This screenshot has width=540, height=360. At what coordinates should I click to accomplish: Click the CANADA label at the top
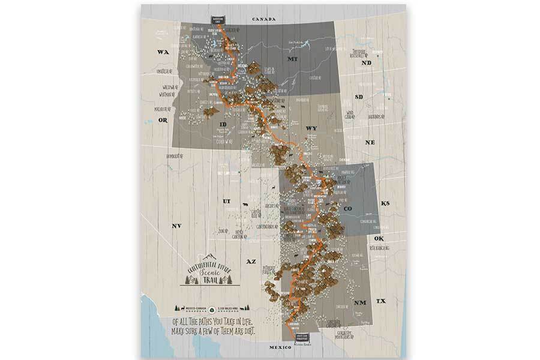pyautogui.click(x=264, y=19)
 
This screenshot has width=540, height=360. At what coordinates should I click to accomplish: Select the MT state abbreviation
pyautogui.click(x=292, y=60)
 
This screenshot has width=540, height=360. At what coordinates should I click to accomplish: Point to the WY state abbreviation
pyautogui.click(x=311, y=128)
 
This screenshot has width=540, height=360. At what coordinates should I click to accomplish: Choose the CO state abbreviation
pyautogui.click(x=347, y=208)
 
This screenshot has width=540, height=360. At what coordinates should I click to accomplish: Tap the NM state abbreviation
pyautogui.click(x=360, y=302)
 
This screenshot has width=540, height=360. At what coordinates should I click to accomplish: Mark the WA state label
pyautogui.click(x=161, y=52)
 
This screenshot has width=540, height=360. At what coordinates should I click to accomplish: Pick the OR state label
pyautogui.click(x=162, y=120)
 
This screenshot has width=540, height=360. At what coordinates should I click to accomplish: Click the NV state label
pyautogui.click(x=177, y=226)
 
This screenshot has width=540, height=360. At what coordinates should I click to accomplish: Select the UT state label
pyautogui.click(x=226, y=201)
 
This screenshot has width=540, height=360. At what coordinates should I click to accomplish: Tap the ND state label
pyautogui.click(x=367, y=62)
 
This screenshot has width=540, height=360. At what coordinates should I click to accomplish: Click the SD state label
pyautogui.click(x=359, y=97)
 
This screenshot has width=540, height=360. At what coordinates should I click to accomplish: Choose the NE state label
pyautogui.click(x=370, y=143)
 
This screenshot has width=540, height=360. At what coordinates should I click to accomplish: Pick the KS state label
pyautogui.click(x=385, y=204)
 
